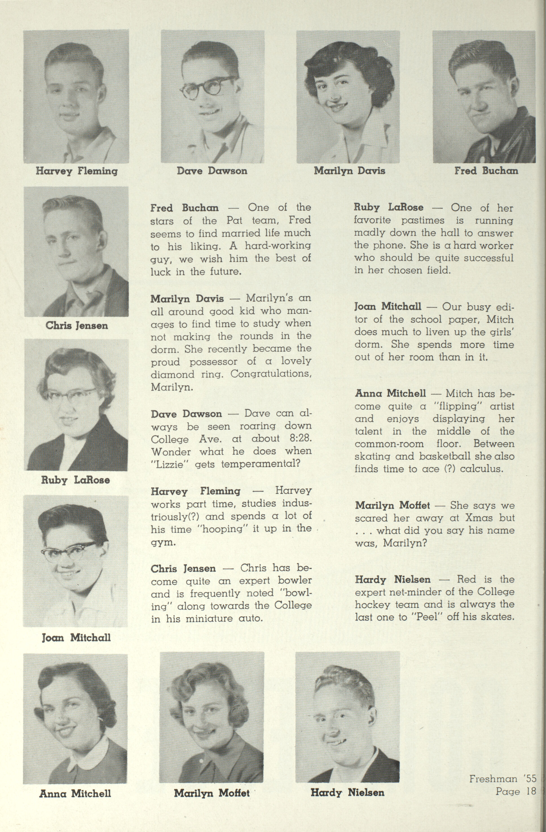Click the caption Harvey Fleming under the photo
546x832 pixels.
[x=76, y=171]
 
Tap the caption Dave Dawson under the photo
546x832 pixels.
[x=212, y=171]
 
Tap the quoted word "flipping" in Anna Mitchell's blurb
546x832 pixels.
[x=457, y=407]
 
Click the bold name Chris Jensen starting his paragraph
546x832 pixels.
[x=183, y=569]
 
